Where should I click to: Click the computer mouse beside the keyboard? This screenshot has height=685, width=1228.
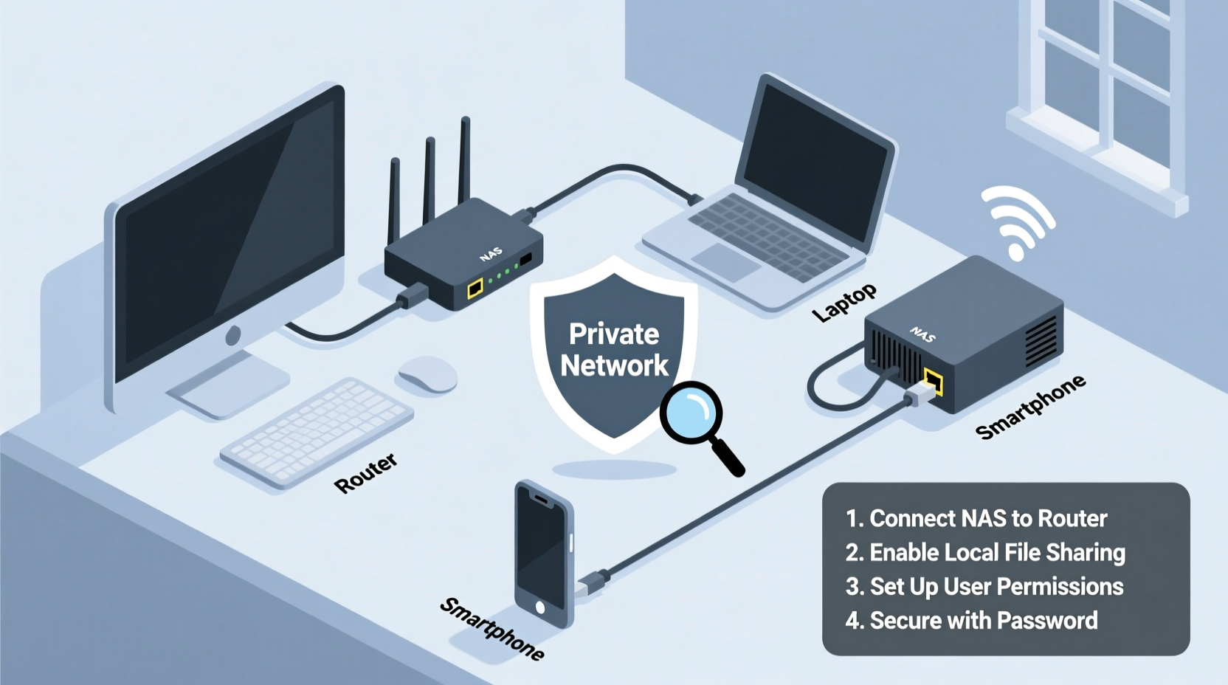click(427, 374)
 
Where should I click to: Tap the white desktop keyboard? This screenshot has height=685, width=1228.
click(317, 431)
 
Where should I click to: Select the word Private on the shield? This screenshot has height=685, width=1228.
click(614, 334)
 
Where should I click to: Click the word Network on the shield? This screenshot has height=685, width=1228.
click(614, 365)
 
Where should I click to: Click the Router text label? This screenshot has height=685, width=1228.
click(366, 473)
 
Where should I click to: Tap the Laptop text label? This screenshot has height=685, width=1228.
click(844, 303)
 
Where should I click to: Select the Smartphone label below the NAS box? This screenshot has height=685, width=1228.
click(1030, 407)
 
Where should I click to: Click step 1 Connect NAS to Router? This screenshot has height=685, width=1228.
click(976, 518)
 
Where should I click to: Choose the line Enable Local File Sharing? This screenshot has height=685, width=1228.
click(985, 552)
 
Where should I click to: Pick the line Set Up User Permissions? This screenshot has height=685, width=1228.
click(984, 586)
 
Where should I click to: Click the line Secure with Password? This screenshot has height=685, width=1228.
click(971, 620)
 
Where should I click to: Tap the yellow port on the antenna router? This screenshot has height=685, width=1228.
click(475, 287)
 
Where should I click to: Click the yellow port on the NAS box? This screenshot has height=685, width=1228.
click(933, 382)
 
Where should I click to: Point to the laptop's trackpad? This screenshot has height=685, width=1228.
click(726, 261)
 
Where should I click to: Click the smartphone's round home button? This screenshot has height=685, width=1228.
click(540, 607)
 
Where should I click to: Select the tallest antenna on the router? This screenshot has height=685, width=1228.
click(464, 159)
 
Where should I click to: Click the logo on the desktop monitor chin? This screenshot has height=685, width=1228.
click(233, 336)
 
